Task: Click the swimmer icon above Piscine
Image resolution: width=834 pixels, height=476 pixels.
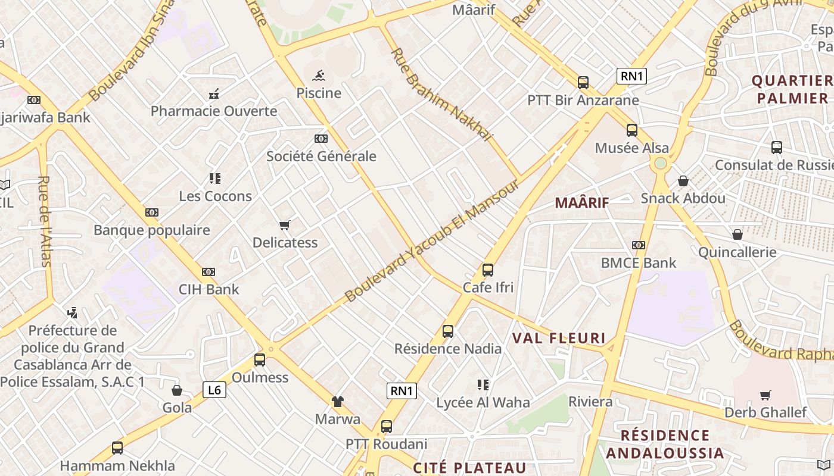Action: point(319,76)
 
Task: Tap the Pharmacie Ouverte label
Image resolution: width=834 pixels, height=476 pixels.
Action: point(214,111)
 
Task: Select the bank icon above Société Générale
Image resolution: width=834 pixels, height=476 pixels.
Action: point(321,139)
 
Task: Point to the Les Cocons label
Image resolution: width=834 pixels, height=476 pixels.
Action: point(216,196)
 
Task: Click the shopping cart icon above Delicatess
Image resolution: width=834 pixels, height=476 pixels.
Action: point(285,225)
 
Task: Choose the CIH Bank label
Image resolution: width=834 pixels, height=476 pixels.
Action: point(209,290)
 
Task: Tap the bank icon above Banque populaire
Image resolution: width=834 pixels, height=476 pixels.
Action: point(152,212)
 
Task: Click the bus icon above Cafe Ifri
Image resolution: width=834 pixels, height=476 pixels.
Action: point(488,270)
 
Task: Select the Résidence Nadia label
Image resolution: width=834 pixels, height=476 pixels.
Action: point(448,349)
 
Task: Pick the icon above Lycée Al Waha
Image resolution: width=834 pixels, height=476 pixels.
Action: point(483,385)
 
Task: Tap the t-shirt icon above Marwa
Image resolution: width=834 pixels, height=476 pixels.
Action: point(338,402)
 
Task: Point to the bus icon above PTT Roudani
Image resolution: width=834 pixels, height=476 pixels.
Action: point(387,427)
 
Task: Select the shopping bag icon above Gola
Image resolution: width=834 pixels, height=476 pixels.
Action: point(177,390)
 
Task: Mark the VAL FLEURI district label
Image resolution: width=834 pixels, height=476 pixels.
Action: point(559,339)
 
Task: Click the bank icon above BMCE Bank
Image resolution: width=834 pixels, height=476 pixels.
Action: point(639,245)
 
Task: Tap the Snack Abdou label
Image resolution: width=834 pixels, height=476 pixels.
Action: point(683,198)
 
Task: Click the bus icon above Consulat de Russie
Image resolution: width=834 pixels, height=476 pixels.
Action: point(777,148)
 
